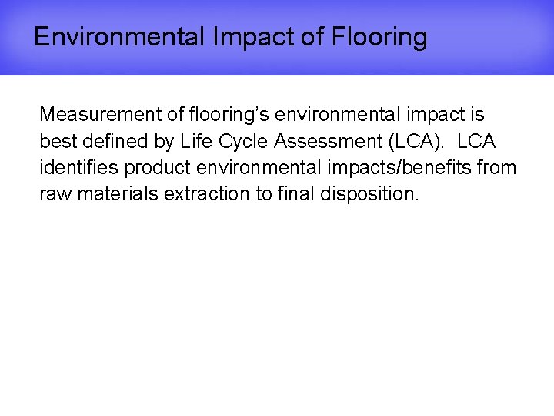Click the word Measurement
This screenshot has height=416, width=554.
(x=98, y=115)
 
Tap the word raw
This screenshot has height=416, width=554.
(x=54, y=193)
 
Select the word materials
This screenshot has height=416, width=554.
(x=115, y=193)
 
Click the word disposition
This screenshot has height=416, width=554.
(x=372, y=193)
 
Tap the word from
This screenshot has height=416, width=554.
(x=499, y=167)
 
